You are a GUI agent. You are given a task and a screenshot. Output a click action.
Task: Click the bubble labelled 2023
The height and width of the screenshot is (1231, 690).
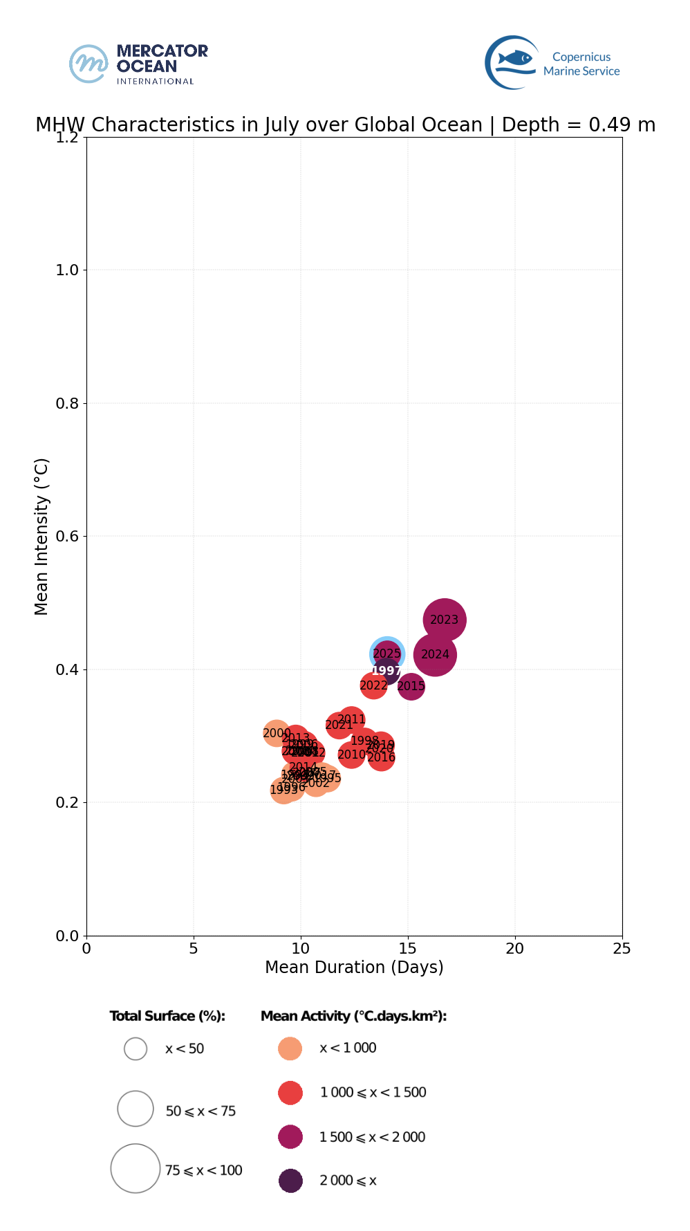click(445, 620)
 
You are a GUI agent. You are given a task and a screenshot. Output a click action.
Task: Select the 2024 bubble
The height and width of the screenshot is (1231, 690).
click(435, 654)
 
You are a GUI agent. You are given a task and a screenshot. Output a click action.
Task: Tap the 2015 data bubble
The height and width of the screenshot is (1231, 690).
click(411, 686)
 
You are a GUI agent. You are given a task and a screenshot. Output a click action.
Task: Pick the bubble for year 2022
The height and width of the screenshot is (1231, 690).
click(373, 685)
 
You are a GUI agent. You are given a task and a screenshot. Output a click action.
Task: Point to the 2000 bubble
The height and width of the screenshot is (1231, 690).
click(277, 733)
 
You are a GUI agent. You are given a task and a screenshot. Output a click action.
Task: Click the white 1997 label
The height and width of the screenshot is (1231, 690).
click(386, 671)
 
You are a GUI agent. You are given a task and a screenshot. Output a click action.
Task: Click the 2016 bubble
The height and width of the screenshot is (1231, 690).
click(382, 758)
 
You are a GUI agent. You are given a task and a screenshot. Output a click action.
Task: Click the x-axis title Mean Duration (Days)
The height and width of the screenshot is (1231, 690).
click(354, 967)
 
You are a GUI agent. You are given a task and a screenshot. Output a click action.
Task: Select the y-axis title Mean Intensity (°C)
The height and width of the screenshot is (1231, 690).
click(41, 536)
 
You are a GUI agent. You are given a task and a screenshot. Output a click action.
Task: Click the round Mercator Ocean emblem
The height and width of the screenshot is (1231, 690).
click(88, 64)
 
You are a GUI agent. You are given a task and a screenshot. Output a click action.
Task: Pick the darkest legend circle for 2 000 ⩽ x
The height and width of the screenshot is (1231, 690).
click(290, 1181)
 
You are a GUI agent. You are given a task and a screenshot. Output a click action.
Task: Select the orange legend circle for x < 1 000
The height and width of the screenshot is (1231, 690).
click(290, 1048)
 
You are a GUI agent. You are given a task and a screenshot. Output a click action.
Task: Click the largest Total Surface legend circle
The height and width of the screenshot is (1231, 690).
click(136, 1168)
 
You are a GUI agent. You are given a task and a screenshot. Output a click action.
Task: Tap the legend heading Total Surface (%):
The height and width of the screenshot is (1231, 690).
click(167, 1016)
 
